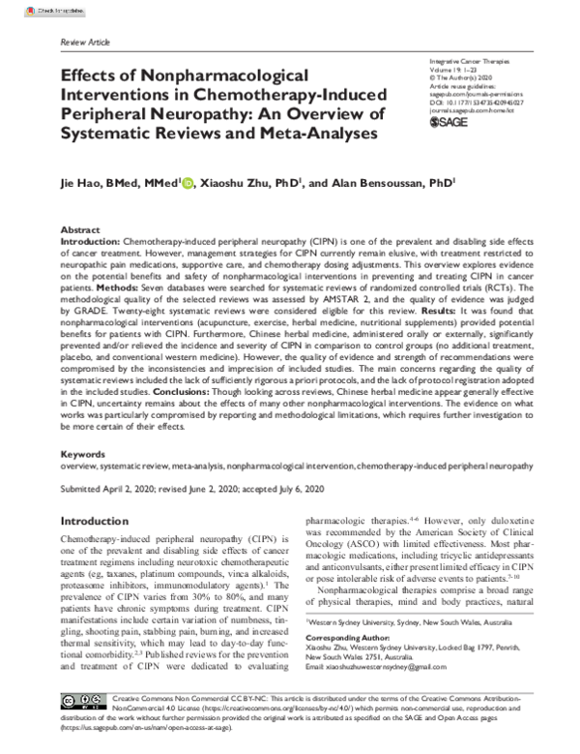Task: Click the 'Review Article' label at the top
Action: [85, 44]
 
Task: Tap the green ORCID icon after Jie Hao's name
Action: [187, 180]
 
